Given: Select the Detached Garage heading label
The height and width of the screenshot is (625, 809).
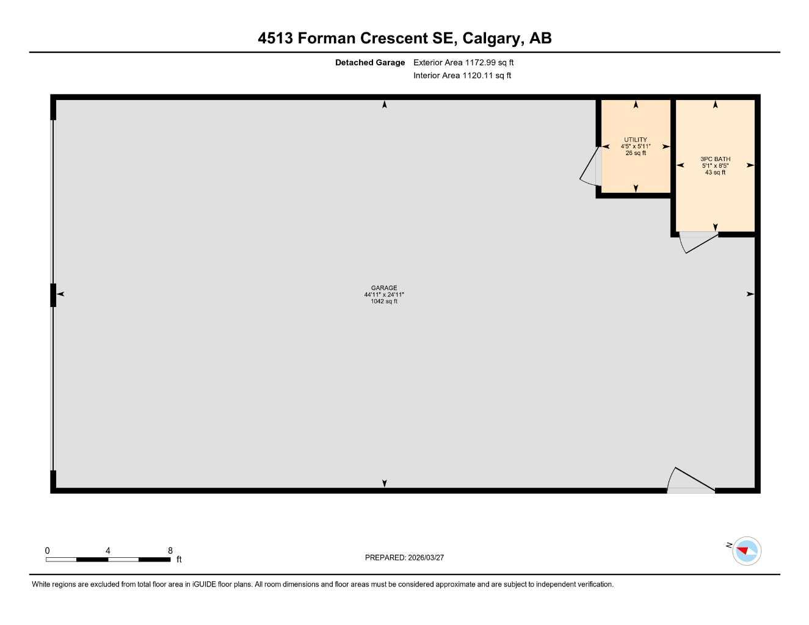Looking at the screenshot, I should click(x=369, y=62).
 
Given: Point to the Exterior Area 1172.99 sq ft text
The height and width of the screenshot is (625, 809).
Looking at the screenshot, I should click(x=463, y=62).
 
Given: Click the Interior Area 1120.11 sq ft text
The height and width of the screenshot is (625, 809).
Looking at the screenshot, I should click(x=462, y=76).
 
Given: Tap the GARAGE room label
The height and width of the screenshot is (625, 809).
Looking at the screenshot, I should click(x=384, y=288).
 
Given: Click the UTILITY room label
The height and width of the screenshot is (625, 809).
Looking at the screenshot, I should click(x=635, y=140).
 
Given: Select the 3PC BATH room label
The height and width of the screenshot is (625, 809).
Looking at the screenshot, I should click(x=715, y=159).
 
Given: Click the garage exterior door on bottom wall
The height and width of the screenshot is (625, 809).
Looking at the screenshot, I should click(x=691, y=482).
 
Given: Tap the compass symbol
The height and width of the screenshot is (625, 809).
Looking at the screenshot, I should click(x=746, y=551).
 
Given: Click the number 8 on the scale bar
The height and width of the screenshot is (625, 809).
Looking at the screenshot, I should click(x=170, y=551).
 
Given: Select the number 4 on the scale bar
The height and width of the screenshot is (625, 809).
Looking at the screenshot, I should click(x=108, y=551).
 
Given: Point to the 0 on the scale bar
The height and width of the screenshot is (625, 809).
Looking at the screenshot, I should click(x=48, y=551).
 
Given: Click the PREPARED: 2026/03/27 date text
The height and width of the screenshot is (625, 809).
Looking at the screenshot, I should click(x=404, y=558).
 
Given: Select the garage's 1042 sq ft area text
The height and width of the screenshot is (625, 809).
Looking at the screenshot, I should click(x=384, y=302).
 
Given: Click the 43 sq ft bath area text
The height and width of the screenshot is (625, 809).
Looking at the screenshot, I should click(x=715, y=173).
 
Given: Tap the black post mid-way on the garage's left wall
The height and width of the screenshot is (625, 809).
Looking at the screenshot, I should click(x=53, y=295).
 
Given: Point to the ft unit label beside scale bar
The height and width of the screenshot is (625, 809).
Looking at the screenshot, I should click(x=179, y=560).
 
